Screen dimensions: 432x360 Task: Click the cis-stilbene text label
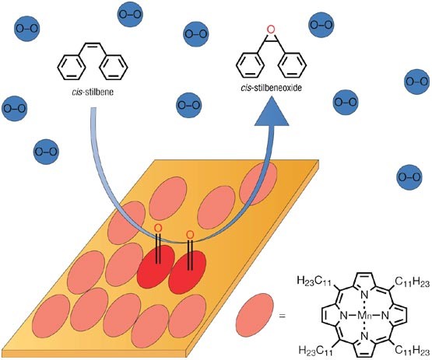coord(93,92)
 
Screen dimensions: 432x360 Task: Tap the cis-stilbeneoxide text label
coord(272,88)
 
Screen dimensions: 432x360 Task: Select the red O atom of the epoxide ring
coord(271,30)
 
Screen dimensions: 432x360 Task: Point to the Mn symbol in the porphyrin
coord(364,316)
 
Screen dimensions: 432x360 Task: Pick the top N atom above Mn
coord(364,295)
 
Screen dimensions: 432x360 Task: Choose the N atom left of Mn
coord(344,316)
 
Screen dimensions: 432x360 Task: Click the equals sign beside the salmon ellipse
coord(282,316)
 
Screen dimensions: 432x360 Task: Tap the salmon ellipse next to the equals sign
coord(255,315)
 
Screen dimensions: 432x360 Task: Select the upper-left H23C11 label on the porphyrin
coord(314,281)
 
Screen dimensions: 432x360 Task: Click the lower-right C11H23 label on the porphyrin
coord(413,351)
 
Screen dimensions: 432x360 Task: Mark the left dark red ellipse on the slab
coord(156,267)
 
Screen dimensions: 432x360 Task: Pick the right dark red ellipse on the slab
coord(188,272)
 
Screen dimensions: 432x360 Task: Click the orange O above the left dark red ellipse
coord(157,228)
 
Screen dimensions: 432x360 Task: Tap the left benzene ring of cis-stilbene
coord(72,68)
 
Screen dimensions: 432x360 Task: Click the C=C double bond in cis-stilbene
coord(93,44)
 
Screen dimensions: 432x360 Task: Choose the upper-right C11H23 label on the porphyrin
coord(413,281)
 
